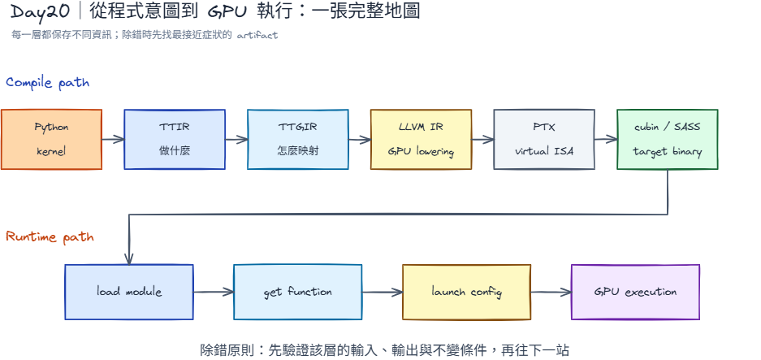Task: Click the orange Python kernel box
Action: tap(51, 140)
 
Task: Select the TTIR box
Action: tap(175, 140)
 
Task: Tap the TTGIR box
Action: tap(298, 140)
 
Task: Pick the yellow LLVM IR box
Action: tap(422, 140)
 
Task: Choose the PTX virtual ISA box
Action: tap(544, 140)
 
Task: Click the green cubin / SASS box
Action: tap(668, 140)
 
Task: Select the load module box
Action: tap(129, 292)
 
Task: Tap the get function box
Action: tap(298, 292)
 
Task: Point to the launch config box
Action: tap(466, 292)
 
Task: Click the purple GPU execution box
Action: tap(635, 292)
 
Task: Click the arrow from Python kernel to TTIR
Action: tap(113, 140)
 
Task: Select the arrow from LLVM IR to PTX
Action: tap(482, 140)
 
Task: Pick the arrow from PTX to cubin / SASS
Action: tap(606, 140)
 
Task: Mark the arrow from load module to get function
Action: tap(214, 292)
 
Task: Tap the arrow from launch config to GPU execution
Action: tap(551, 292)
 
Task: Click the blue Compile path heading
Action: tap(48, 83)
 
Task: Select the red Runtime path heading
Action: tap(50, 237)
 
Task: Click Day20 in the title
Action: tap(41, 11)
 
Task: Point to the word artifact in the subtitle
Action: tap(257, 35)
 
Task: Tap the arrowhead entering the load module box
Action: tap(129, 260)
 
